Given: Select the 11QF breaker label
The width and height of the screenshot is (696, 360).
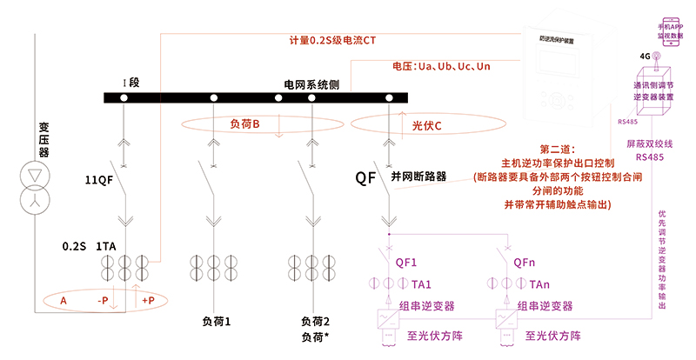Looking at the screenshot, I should [x=98, y=180].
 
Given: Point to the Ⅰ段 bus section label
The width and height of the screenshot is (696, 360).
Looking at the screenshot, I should [x=131, y=83].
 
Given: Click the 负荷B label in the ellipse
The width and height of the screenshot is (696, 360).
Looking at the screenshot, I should [x=245, y=124].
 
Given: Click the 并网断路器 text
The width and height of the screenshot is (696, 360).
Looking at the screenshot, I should [x=418, y=176].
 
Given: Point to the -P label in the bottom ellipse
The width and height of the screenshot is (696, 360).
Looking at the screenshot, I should [x=103, y=301].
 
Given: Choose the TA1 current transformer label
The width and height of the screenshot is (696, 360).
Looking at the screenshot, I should [x=421, y=283].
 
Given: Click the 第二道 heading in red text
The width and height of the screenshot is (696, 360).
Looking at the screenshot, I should [x=558, y=150].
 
